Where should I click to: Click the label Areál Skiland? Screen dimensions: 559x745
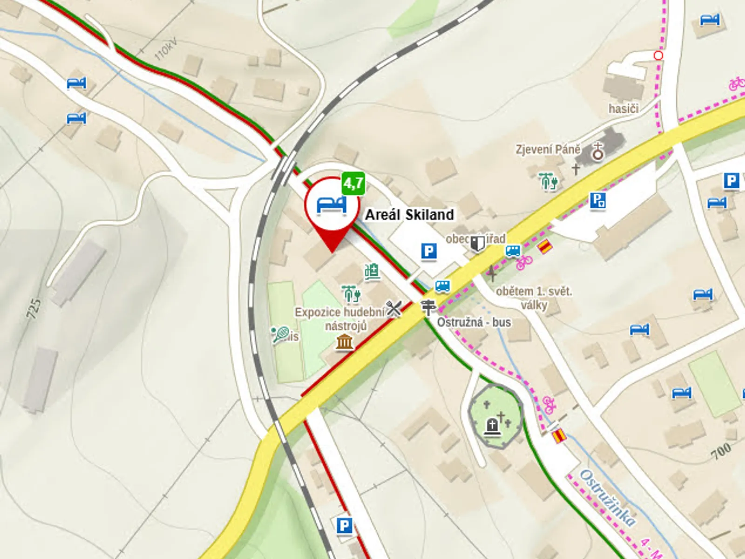click(409, 215)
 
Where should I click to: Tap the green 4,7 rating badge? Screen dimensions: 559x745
click(353, 183)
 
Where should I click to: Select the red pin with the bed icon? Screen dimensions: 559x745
click(332, 205)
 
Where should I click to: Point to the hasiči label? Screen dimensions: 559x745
click(623, 109)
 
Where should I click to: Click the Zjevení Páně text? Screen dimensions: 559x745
click(548, 150)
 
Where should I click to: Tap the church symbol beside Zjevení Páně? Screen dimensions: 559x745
click(597, 151)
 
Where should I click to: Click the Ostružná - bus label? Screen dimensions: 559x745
click(474, 322)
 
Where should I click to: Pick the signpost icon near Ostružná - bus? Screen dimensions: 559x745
click(428, 307)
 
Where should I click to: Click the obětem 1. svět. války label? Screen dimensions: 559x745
click(534, 298)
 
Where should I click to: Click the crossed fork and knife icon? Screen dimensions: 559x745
click(394, 308)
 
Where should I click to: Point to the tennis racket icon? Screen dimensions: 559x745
click(280, 334)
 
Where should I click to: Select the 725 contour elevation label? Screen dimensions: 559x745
click(34, 308)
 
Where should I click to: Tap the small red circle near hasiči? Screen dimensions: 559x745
click(658, 55)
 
